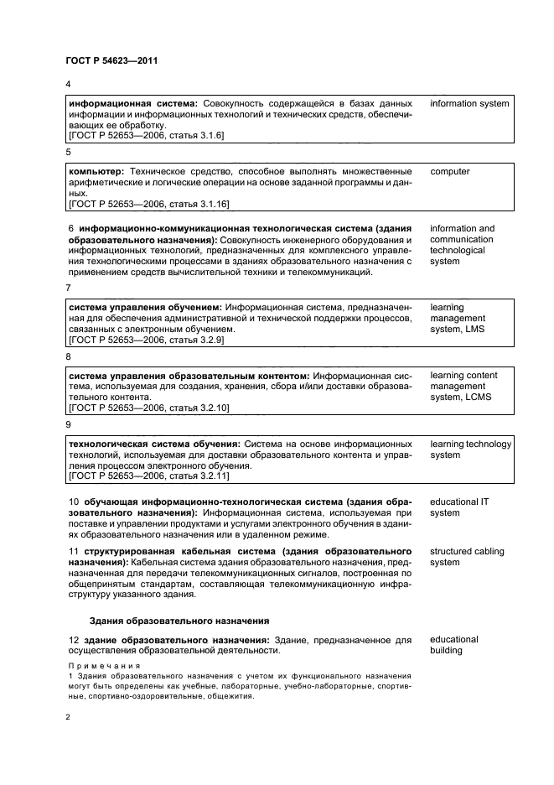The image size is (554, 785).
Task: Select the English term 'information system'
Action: pos(469,103)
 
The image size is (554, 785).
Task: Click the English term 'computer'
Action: pos(450,171)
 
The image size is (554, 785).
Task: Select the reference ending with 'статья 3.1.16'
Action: pos(199,203)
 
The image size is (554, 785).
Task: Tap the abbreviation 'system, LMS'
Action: pos(458,329)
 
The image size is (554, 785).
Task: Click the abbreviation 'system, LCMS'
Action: pos(461,397)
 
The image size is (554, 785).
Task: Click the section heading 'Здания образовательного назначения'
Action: pos(179,621)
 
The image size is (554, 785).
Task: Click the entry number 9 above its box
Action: pos(69,425)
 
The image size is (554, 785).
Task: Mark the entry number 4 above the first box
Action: pos(69,86)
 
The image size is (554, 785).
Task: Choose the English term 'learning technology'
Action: pos(470,444)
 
